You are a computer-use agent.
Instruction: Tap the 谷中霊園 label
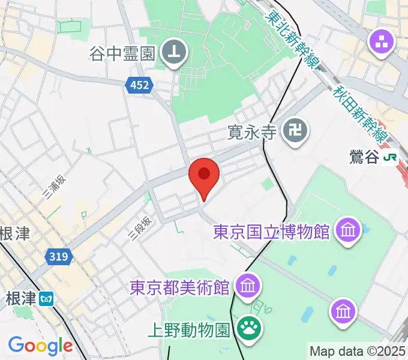point(123,53)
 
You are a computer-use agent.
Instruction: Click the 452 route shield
point(139,87)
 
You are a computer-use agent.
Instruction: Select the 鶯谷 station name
point(364,158)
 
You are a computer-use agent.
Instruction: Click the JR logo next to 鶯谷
point(391,158)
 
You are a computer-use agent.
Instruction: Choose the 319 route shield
point(59,257)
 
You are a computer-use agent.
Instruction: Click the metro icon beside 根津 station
point(46,298)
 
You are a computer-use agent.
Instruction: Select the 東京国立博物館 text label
point(271,231)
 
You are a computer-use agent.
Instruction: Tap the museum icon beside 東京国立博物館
point(349,230)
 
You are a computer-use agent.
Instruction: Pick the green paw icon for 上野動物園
point(247,328)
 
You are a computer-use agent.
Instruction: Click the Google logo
point(40,346)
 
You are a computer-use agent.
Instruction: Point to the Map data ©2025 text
point(358,351)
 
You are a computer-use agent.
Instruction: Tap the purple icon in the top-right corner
point(382,41)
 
